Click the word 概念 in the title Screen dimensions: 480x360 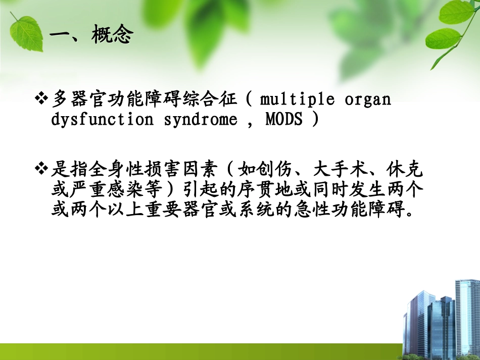pyautogui.click(x=112, y=34)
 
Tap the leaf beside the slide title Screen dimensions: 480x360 pyautogui.click(x=26, y=33)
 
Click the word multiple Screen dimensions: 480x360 pyautogui.click(x=297, y=99)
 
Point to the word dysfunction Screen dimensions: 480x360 pyautogui.click(x=102, y=119)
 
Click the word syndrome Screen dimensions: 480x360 pyautogui.click(x=201, y=120)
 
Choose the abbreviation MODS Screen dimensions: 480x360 pyautogui.click(x=284, y=119)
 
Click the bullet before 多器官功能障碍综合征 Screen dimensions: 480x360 pyautogui.click(x=41, y=98)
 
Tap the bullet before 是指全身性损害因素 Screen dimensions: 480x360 pyautogui.click(x=41, y=169)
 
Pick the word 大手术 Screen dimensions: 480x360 pyautogui.click(x=340, y=169)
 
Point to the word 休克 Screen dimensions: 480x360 pyautogui.click(x=405, y=169)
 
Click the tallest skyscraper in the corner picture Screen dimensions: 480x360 pyautogui.click(x=467, y=318)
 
